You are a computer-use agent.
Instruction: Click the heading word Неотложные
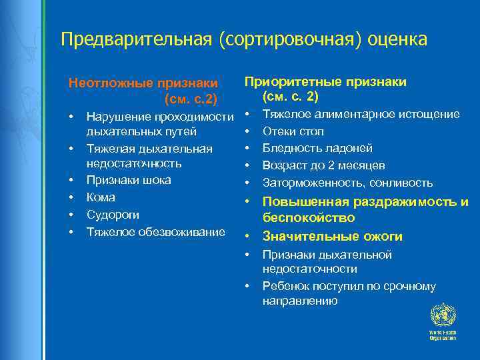coord(111,83)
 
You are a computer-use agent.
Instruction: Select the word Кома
coord(101,197)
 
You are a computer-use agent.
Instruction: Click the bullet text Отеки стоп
coord(293,131)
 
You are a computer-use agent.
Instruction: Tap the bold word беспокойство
coord(309,218)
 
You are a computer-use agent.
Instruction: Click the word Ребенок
coord(285,287)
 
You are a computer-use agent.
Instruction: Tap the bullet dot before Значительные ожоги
coord(247,237)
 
